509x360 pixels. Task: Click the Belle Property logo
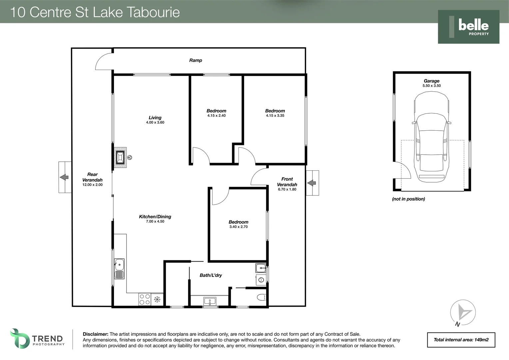tap(468, 27)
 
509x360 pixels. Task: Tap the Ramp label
tap(196, 60)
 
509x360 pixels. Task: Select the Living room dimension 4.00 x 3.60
tap(155, 122)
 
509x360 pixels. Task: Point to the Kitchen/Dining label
tap(155, 217)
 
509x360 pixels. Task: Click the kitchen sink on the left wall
tap(119, 269)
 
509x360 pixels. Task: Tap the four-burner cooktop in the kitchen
tap(145, 299)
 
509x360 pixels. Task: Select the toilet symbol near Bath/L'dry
tap(261, 297)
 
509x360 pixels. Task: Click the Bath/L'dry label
tap(211, 275)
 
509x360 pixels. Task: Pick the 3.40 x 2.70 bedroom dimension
tap(238, 227)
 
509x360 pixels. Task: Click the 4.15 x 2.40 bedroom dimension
tap(216, 116)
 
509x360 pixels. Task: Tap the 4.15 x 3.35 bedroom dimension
tap(275, 116)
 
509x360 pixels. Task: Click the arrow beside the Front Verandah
tap(312, 183)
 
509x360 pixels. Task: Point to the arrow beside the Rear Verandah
tap(64, 177)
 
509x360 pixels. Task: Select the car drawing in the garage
tap(431, 137)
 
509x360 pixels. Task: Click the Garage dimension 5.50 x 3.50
tap(431, 86)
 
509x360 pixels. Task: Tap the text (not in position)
tap(408, 199)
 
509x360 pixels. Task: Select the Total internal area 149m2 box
tap(461, 340)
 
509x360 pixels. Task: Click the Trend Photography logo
tap(37, 339)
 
